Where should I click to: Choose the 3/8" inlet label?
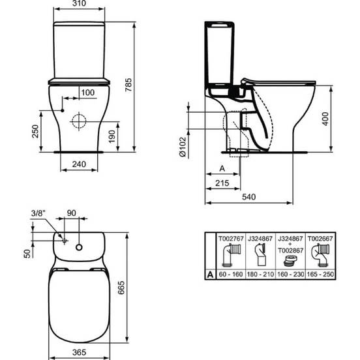pyautogui.click(x=38, y=213)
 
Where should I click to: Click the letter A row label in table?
pyautogui.click(x=210, y=276)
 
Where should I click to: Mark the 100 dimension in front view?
pyautogui.click(x=87, y=93)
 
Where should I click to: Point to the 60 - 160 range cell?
pyautogui.click(x=230, y=276)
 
